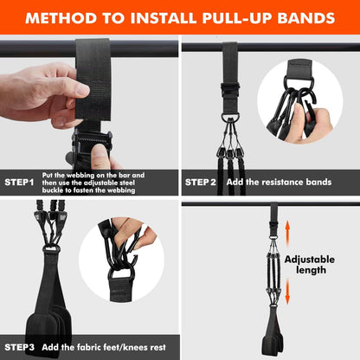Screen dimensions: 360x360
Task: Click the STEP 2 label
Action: coord(205,182)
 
